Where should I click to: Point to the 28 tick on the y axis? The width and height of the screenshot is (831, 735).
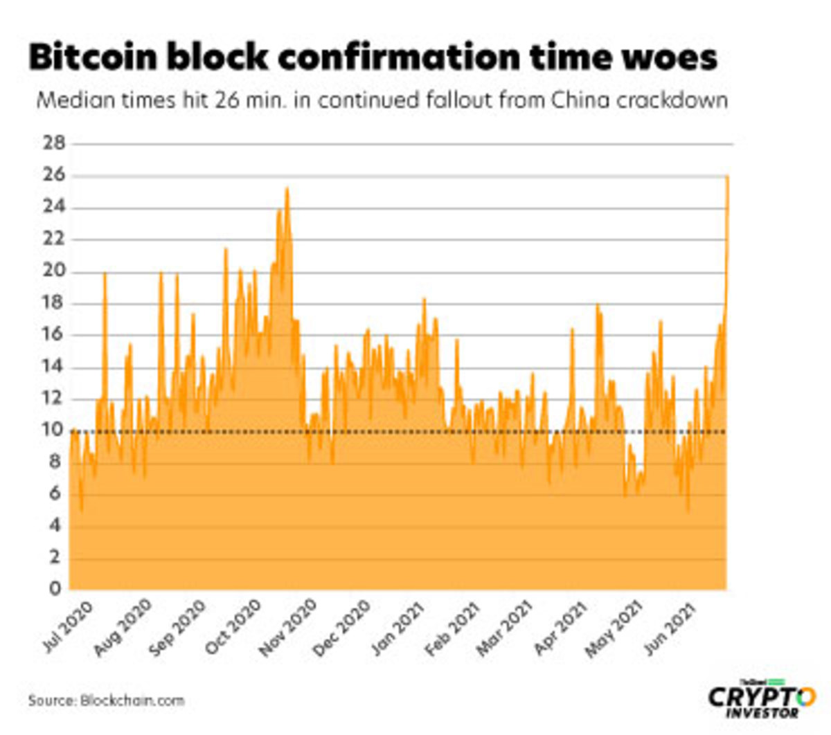[x=55, y=144]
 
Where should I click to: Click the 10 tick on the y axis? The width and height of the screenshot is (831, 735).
[x=55, y=430]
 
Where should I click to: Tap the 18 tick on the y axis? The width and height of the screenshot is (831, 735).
[x=55, y=303]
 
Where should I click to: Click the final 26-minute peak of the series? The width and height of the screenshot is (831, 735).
[x=726, y=177]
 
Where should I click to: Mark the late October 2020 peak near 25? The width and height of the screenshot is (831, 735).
[x=287, y=189]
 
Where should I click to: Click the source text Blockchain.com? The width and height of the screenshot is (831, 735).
[x=132, y=700]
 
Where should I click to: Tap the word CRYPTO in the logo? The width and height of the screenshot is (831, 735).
[x=761, y=697]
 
